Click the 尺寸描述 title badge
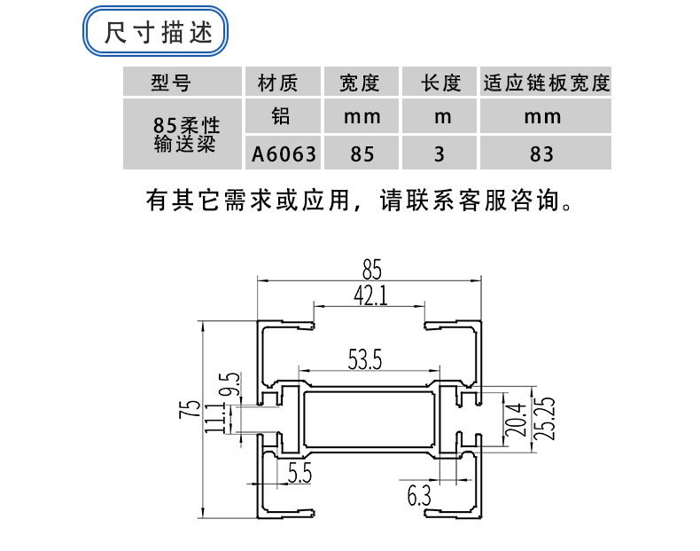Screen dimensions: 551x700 pos(157,34)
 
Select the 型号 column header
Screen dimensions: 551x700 pos(171,83)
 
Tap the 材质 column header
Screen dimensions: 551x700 pos(276,83)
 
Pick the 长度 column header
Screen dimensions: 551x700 pos(440,83)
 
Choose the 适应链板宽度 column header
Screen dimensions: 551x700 pos(546,83)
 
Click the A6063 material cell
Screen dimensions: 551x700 pos(283,153)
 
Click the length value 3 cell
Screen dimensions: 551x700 pos(439,153)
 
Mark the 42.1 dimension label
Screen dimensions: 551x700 pos(370,295)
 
